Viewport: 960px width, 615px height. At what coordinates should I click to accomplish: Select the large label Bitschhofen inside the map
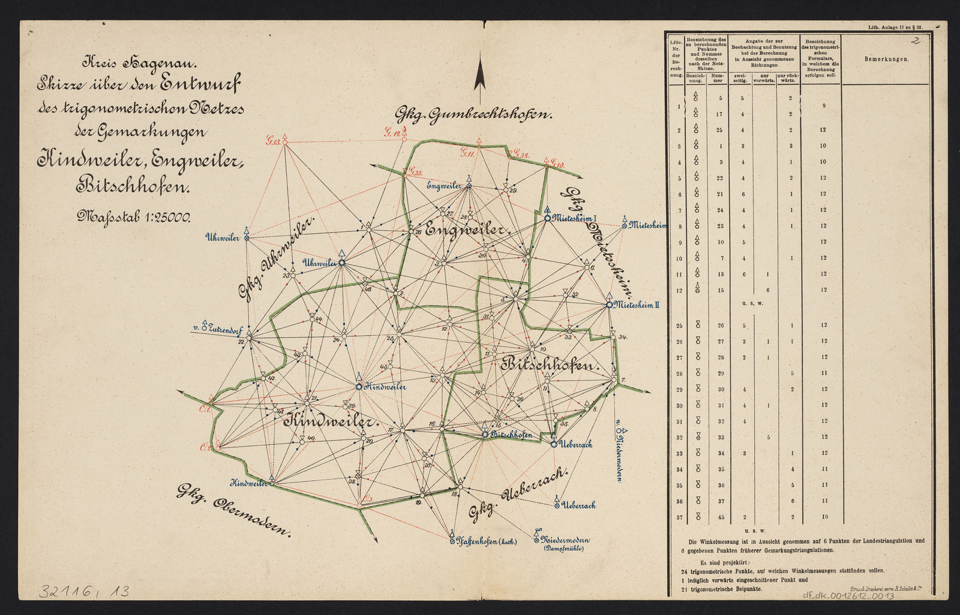pyautogui.click(x=550, y=364)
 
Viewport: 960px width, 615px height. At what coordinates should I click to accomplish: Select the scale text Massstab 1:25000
pyautogui.click(x=133, y=216)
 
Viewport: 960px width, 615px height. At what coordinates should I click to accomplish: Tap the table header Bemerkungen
pyautogui.click(x=886, y=59)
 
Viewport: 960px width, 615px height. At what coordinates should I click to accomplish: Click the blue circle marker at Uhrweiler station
pyautogui.click(x=342, y=263)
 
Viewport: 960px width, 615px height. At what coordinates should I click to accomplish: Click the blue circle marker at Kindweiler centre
pyautogui.click(x=359, y=387)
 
